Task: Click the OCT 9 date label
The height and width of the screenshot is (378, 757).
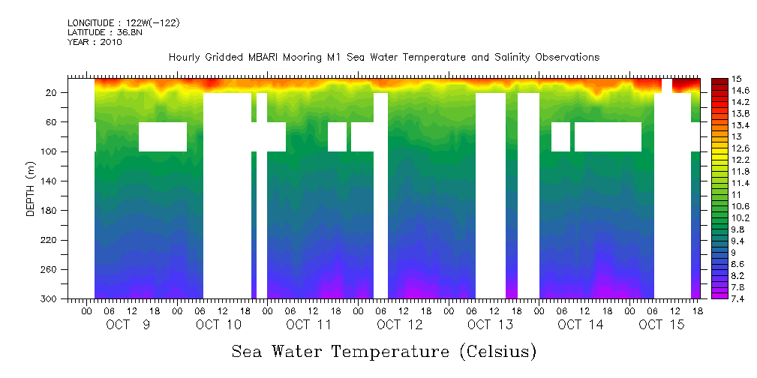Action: pyautogui.click(x=128, y=325)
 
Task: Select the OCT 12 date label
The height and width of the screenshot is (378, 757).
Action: pyautogui.click(x=400, y=325)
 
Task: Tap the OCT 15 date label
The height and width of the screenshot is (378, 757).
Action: pyautogui.click(x=661, y=325)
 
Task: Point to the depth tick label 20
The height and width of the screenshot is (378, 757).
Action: pyautogui.click(x=52, y=92)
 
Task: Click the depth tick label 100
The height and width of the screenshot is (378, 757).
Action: pyautogui.click(x=50, y=151)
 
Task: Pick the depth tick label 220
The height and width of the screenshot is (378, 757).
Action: pyautogui.click(x=50, y=240)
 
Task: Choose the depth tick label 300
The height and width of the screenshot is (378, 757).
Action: pyautogui.click(x=50, y=299)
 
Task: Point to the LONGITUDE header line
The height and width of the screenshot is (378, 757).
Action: pyautogui.click(x=123, y=23)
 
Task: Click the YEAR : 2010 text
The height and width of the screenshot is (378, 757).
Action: pyautogui.click(x=95, y=42)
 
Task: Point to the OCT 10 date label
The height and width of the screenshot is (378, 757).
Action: pyautogui.click(x=219, y=325)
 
